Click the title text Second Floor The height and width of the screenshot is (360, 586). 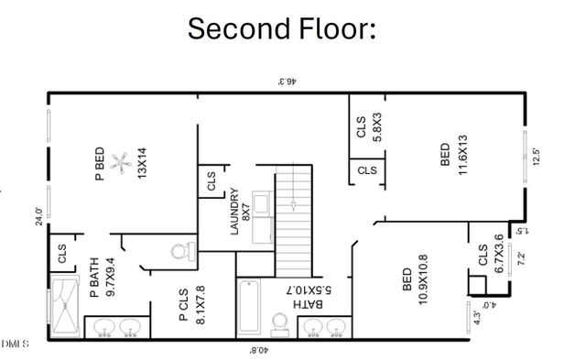tap(282, 28)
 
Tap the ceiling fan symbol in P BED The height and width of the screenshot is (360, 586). tap(118, 164)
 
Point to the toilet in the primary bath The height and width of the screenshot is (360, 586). tap(183, 250)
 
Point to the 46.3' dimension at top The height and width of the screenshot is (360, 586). tap(290, 82)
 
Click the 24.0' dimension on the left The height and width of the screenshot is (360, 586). tap(39, 216)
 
